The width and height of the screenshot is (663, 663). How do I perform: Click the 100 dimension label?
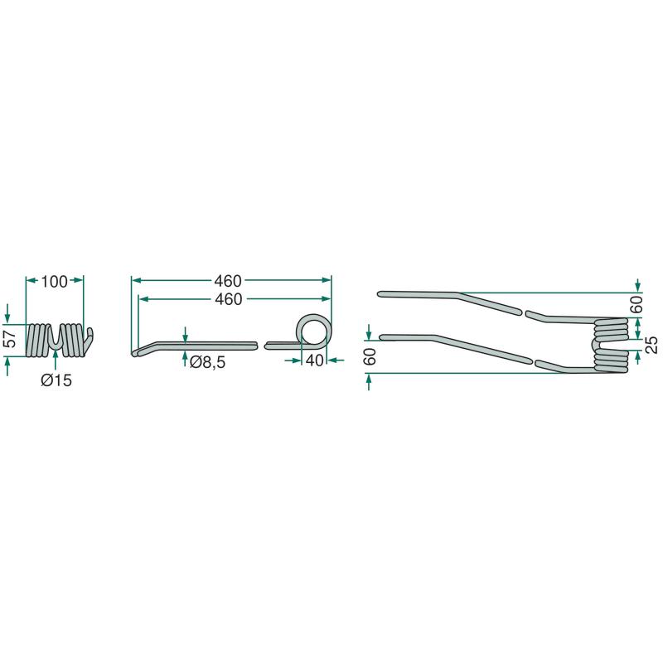[54, 281]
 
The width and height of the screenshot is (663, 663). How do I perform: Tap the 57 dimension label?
[10, 338]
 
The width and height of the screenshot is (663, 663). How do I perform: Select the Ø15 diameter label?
[56, 380]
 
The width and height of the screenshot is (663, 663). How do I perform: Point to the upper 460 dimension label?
[228, 281]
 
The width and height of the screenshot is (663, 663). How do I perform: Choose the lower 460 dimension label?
[229, 299]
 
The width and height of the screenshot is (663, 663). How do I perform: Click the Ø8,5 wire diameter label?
[208, 362]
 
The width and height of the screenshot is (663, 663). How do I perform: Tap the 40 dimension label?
[315, 361]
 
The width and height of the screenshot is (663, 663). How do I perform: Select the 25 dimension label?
[652, 345]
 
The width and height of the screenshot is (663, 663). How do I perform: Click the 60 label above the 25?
[636, 304]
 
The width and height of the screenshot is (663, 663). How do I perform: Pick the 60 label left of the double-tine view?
[370, 356]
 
